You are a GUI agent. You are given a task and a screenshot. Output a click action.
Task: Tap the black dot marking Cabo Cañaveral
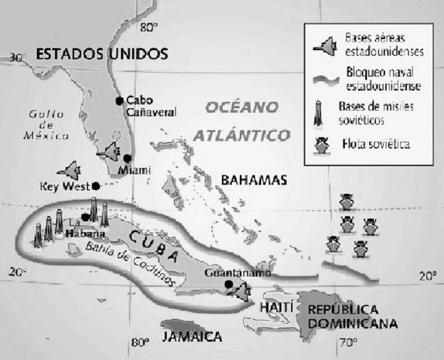(x=118, y=100)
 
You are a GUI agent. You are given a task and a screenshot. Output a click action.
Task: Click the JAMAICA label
(x=191, y=334)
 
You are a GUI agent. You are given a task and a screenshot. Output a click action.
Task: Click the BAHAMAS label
(x=255, y=181)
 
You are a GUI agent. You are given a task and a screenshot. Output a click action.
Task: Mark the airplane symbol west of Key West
(x=72, y=170)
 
